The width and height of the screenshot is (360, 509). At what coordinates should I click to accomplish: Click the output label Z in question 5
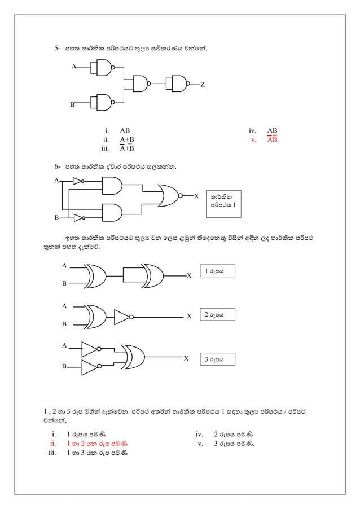pos(203,85)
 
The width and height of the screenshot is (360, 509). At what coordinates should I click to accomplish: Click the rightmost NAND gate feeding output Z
pos(179,85)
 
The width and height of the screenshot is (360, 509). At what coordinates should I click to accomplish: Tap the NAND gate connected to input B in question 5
pos(102,102)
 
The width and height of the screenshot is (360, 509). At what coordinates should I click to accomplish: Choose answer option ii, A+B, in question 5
pos(126,139)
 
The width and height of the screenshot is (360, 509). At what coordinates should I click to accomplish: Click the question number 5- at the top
pos(57,50)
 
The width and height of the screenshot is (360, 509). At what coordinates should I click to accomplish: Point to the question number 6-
pos(57,167)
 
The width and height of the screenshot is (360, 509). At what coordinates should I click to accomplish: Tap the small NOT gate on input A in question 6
pos(78,181)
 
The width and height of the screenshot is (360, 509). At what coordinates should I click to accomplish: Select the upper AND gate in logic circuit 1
pos(112,186)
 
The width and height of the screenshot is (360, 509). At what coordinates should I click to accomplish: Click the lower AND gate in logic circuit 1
pos(112,212)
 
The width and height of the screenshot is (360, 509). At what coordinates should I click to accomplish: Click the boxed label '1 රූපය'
pos(217,271)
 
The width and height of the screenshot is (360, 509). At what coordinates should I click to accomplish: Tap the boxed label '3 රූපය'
pos(217,359)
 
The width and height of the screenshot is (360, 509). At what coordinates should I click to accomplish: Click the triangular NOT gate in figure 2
pos(122,317)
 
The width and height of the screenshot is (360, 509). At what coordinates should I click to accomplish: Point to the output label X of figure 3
pos(186,358)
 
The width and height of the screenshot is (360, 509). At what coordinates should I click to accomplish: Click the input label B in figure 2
pos(64,324)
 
